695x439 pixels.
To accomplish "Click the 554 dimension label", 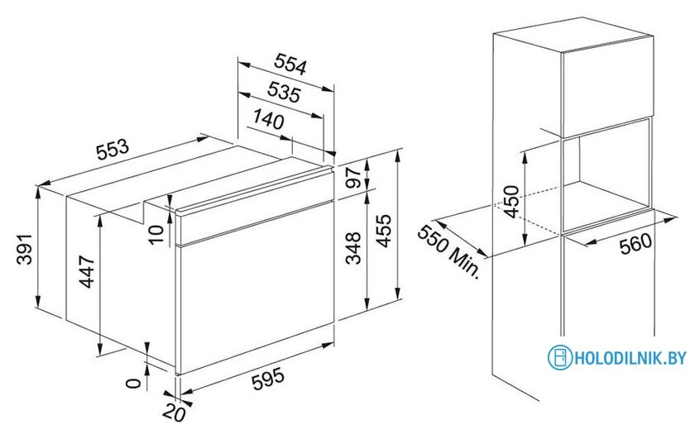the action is tap(290, 64).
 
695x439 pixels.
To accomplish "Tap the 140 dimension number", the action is tap(269, 119).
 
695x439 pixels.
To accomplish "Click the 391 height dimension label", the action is tap(26, 250).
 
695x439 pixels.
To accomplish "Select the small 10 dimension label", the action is tap(156, 234).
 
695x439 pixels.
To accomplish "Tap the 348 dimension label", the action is tap(354, 248).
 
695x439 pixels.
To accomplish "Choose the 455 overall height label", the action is tap(384, 231).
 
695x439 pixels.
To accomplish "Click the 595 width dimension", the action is tap(268, 380).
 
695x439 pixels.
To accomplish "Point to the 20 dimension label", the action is tap(174, 413).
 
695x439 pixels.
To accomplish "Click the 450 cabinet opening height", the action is tap(511, 202).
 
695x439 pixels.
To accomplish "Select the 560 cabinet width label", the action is tap(636, 244).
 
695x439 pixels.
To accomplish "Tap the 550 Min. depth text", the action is tap(449, 251).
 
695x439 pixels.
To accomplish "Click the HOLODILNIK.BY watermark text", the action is tap(630, 357).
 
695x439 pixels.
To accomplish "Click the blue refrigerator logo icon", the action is tap(560, 357).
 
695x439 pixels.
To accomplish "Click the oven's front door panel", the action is tap(256, 288).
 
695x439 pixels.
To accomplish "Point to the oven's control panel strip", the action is tap(256, 206).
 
